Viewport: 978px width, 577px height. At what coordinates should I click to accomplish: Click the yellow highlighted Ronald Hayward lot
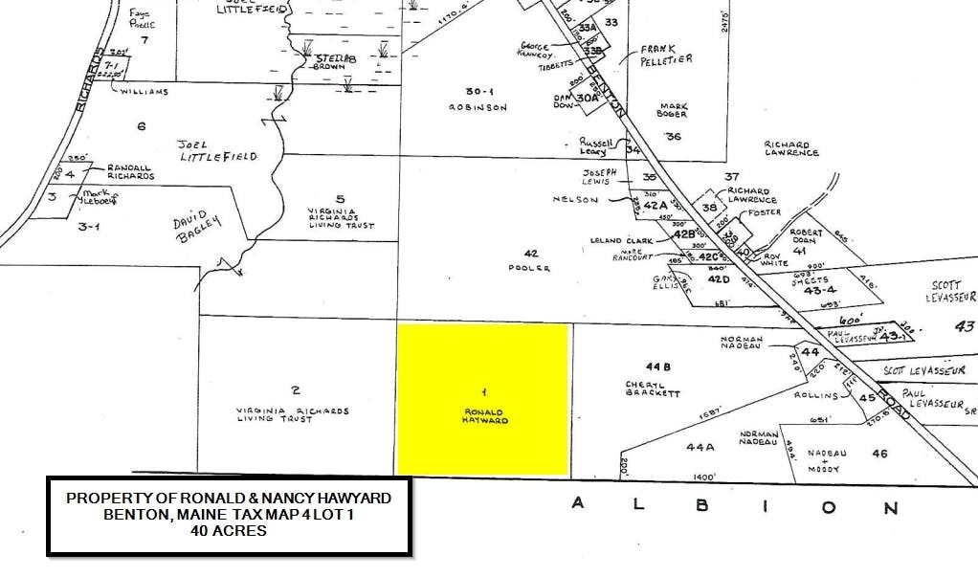pos(483,399)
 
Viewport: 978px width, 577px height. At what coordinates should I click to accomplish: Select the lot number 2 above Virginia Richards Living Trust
pos(296,388)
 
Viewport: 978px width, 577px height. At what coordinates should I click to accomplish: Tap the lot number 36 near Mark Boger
pos(674,137)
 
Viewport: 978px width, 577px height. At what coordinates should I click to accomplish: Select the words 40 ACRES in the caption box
pos(229,531)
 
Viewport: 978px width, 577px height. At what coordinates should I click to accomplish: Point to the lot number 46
pos(879,454)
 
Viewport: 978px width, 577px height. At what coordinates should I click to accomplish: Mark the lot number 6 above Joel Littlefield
pos(142,126)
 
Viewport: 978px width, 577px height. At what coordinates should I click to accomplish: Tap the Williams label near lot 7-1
pos(144,92)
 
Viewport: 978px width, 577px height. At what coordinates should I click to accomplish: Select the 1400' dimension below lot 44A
pos(703,476)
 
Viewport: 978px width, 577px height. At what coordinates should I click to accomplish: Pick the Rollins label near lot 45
pos(815,395)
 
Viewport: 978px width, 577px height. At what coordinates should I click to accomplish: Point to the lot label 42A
pos(656,206)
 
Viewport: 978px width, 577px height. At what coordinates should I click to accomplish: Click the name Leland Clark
pos(622,240)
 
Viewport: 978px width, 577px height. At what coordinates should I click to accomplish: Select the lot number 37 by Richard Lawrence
pos(733,176)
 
